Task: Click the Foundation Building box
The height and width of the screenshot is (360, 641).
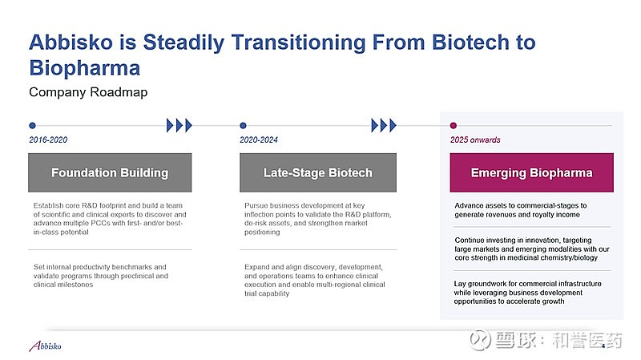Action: (x=110, y=172)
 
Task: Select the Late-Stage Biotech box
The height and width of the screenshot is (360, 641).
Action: (x=318, y=172)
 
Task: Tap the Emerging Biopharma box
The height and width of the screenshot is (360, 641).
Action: (x=531, y=172)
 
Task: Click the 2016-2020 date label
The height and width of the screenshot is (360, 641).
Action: (x=48, y=140)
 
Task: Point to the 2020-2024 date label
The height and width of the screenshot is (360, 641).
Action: (x=259, y=140)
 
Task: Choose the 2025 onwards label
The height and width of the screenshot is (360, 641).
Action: (x=475, y=140)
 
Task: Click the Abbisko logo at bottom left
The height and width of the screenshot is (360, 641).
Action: (x=46, y=346)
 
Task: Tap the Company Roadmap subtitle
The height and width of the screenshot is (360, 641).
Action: (x=88, y=92)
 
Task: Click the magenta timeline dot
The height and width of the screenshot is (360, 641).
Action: (x=453, y=125)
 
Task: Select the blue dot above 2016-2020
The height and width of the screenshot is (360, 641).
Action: (x=32, y=125)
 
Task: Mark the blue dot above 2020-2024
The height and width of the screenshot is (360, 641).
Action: (x=243, y=125)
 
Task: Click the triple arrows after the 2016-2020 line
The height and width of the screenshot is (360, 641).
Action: (x=179, y=125)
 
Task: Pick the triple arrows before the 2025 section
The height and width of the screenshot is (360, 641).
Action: (x=384, y=125)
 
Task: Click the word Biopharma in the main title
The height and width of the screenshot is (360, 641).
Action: (x=85, y=67)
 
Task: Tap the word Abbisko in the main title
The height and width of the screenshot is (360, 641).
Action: (x=71, y=42)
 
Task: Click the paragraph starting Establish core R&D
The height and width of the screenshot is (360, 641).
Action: (x=110, y=218)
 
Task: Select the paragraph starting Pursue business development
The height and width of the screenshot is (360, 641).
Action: (x=317, y=218)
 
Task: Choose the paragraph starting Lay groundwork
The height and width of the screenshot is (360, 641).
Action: (x=527, y=293)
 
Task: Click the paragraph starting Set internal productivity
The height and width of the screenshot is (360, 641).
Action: (x=101, y=276)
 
